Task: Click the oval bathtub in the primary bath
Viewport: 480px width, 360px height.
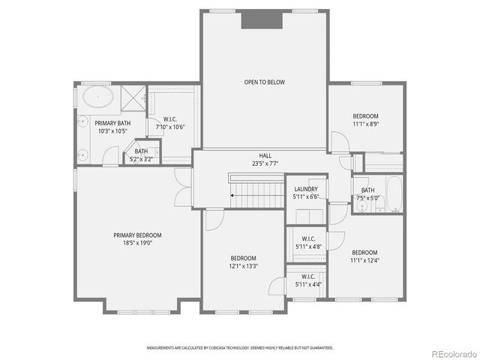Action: point(97,97)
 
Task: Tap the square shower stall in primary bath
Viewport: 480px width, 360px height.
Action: point(133,97)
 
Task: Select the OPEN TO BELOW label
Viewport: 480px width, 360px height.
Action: point(264,82)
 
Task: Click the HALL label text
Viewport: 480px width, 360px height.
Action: point(265,155)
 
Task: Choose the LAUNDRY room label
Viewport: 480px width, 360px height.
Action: point(306,189)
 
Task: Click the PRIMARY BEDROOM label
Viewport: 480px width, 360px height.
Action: point(137,235)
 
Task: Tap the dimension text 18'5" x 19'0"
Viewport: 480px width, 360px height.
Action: point(137,242)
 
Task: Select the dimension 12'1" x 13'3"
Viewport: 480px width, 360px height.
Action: point(244,265)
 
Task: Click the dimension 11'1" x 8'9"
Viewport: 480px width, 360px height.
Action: point(365,124)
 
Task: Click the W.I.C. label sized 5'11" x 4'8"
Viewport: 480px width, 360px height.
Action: point(307,238)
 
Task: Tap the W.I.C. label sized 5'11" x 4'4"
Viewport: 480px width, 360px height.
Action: point(307,277)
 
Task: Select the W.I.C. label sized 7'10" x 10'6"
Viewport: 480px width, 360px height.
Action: point(169,120)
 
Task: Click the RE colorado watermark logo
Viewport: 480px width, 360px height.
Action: point(451,352)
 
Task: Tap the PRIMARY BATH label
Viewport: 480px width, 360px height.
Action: point(112,123)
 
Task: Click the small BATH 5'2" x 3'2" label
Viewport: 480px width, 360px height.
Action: point(142,151)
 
